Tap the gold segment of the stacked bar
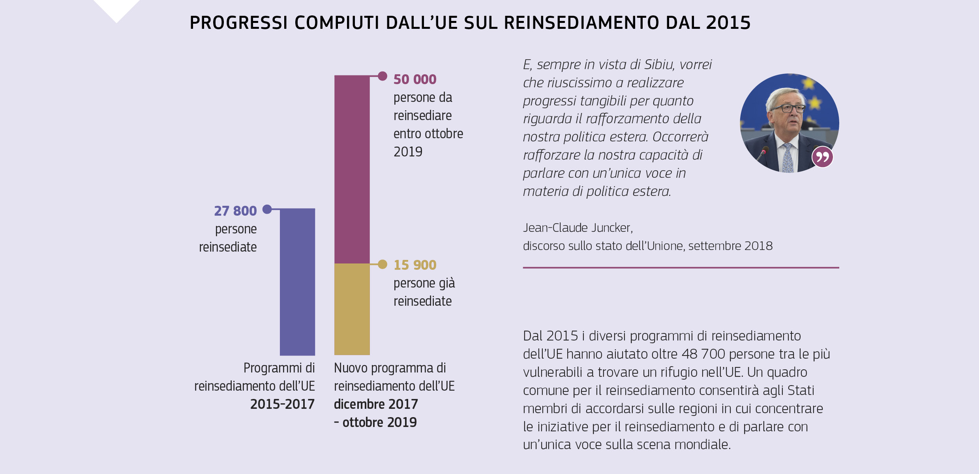pos(352,309)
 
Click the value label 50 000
pos(414,79)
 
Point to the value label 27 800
pos(235,211)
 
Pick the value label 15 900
pos(414,265)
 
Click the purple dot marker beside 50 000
pos(382,76)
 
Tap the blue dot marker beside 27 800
pos(267,209)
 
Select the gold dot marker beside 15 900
pos(382,264)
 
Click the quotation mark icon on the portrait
pos(822,157)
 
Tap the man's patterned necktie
pos(788,158)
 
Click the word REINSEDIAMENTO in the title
pos(581,23)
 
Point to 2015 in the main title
pos(728,23)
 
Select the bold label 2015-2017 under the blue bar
pos(282,404)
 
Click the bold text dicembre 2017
pos(376,404)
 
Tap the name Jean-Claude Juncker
pos(578,228)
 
